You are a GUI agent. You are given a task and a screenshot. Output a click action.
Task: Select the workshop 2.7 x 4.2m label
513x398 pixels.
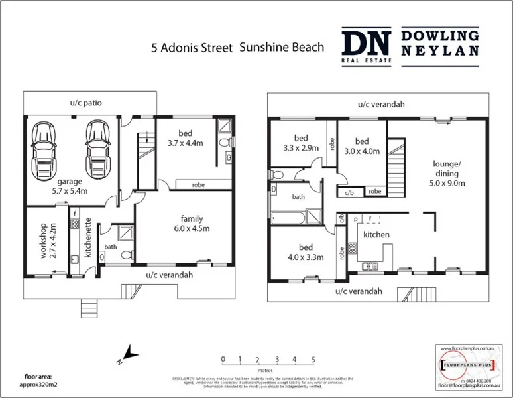(43, 241)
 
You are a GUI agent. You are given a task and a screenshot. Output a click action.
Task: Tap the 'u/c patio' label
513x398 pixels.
(86, 103)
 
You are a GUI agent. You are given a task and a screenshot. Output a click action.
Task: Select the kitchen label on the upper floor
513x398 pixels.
(375, 235)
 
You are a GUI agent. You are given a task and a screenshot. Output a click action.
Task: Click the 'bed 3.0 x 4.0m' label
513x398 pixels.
(361, 146)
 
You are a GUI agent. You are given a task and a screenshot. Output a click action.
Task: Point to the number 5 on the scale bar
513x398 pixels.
(312, 360)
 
